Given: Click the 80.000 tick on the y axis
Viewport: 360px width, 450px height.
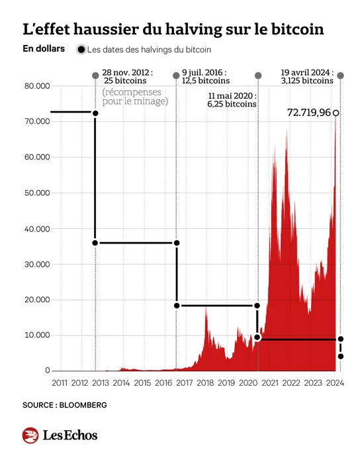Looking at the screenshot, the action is tap(37, 86).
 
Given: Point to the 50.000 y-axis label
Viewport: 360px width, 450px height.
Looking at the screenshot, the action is tap(37, 193).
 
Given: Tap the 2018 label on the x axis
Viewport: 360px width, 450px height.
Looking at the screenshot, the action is tap(205, 383).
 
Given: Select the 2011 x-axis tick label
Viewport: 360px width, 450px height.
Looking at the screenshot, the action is tap(60, 383).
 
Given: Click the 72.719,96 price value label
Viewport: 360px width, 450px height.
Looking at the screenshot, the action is tap(309, 112).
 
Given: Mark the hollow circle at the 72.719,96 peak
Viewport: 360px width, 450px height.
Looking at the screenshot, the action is tap(336, 112).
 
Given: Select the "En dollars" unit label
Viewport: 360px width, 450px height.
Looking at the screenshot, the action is tap(44, 49).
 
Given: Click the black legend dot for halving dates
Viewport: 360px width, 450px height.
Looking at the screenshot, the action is tap(81, 50).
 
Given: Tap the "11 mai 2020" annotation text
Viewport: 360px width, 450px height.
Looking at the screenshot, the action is tap(232, 96).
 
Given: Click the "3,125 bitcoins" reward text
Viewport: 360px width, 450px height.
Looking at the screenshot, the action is tap(307, 81).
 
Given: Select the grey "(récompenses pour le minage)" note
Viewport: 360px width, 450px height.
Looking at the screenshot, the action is tap(135, 97).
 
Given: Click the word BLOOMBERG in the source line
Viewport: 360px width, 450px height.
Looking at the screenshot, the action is tap(83, 405).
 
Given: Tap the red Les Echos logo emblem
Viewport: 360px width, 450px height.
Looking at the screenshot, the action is tap(30, 435).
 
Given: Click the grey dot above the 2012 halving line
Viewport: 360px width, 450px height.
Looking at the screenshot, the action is tap(95, 75).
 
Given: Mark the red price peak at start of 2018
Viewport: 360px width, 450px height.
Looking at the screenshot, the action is tap(206, 308).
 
